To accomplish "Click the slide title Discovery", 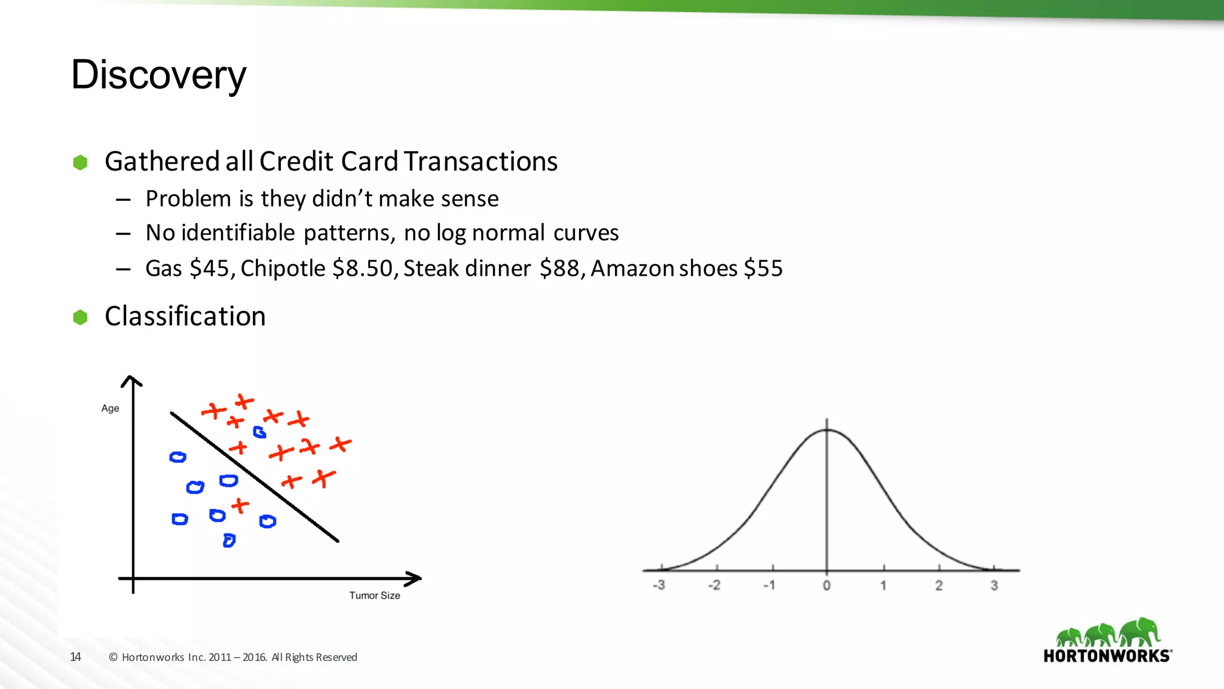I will tap(158, 75).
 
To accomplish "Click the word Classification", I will tap(185, 316).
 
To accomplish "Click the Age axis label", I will tap(110, 408).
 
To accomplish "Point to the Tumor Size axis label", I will tap(375, 596).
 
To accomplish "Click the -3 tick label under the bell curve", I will tap(659, 586).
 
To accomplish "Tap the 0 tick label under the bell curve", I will tap(827, 586).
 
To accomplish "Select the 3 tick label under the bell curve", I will tap(994, 586).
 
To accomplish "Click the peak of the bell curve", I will tap(827, 430).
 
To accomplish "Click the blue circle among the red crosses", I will tap(259, 432).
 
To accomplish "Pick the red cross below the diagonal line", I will tap(240, 506).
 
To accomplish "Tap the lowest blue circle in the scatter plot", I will tap(229, 541).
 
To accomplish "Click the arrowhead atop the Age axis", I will tap(132, 380).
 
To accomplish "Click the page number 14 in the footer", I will tap(75, 657).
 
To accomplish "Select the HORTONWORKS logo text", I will tap(1107, 656).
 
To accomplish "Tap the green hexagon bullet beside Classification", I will tap(80, 317).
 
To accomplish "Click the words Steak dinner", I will tap(467, 269).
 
